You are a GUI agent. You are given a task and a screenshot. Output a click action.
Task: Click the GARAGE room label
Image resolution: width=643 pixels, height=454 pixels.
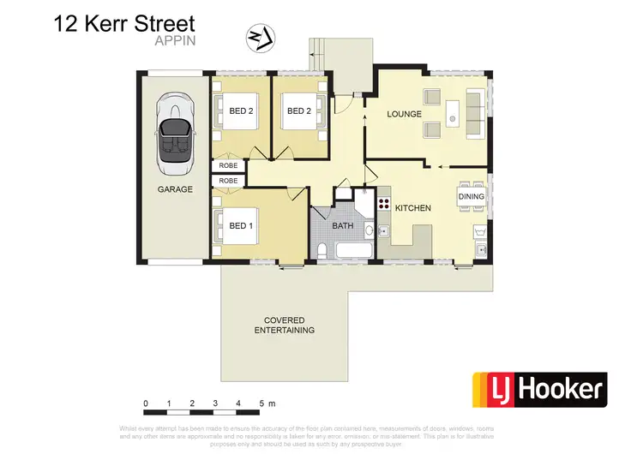pyautogui.click(x=175, y=189)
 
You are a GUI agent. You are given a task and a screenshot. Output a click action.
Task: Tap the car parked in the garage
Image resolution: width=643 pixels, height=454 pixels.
pyautogui.click(x=175, y=130)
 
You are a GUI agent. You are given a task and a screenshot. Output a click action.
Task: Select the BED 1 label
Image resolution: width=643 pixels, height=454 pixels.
pyautogui.click(x=241, y=226)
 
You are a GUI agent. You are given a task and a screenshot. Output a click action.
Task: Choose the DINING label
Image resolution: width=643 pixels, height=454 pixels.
pyautogui.click(x=472, y=197)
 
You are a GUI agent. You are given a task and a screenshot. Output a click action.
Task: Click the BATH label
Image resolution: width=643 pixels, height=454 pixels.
pyautogui.click(x=344, y=226)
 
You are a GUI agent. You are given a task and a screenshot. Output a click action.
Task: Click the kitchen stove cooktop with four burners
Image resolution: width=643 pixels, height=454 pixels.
pyautogui.click(x=382, y=206)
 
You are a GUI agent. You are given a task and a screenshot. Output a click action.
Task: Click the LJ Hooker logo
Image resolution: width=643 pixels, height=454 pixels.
pyautogui.click(x=540, y=390)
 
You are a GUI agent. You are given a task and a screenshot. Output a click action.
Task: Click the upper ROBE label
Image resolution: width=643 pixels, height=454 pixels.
pyautogui.click(x=228, y=165)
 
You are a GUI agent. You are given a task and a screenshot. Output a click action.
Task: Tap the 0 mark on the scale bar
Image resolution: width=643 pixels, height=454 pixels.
pyautogui.click(x=146, y=403)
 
